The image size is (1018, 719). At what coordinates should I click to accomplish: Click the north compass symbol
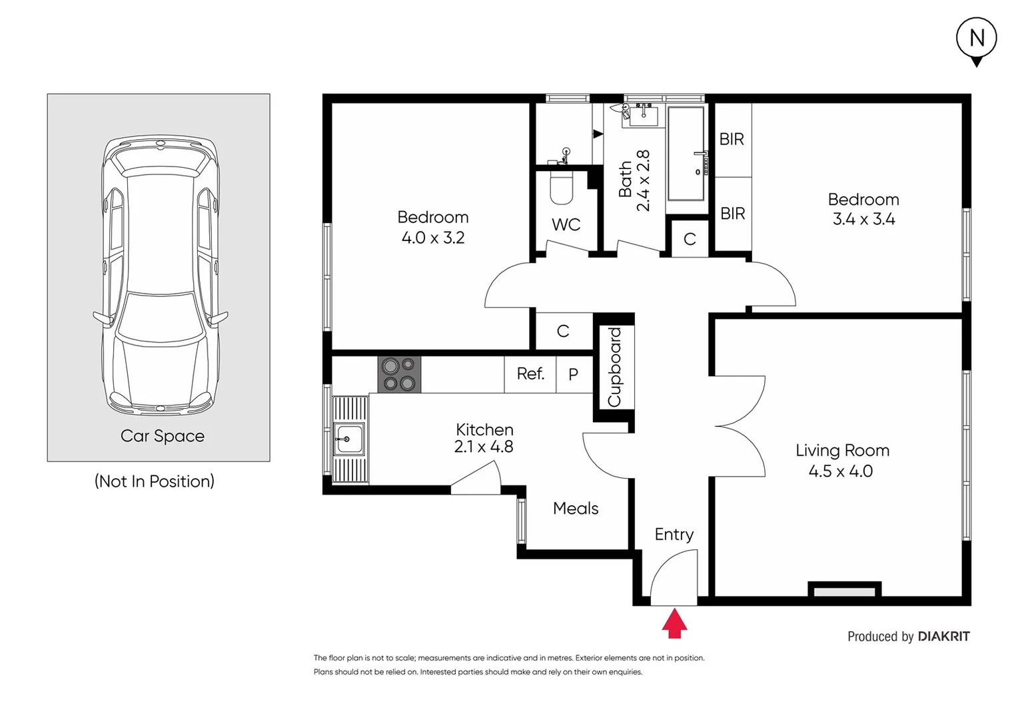[x=976, y=39]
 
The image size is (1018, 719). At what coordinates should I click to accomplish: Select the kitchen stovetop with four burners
[x=399, y=374]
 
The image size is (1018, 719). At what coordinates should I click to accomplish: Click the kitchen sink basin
[x=348, y=439]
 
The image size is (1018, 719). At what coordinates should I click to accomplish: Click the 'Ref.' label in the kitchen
[x=530, y=374]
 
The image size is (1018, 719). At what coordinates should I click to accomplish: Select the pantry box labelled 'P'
[x=573, y=375]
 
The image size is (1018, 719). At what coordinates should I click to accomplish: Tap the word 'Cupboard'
[x=614, y=367]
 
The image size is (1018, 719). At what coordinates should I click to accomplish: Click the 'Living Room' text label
[x=842, y=451]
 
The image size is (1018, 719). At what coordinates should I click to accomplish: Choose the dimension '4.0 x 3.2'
[x=433, y=238]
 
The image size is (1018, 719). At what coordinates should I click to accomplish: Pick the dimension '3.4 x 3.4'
[x=863, y=219]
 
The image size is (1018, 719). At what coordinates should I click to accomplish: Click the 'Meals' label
[x=576, y=509]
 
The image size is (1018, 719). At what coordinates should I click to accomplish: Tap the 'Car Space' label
[x=162, y=436]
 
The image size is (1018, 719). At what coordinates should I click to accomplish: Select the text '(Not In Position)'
[x=155, y=481]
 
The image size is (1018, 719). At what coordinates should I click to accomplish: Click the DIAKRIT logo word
[x=943, y=636]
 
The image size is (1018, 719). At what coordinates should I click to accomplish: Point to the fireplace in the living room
[x=844, y=591]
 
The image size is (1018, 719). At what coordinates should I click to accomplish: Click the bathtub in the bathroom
[x=686, y=153]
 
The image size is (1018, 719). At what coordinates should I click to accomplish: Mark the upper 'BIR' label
[x=732, y=140]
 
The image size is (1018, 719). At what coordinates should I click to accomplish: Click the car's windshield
[x=159, y=316]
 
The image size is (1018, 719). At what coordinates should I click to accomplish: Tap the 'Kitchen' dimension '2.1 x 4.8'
[x=484, y=447]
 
